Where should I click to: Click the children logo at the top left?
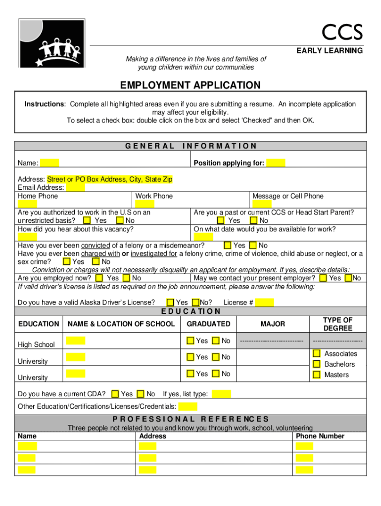pyautogui.click(x=52, y=43)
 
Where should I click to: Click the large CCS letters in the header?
pyautogui.click(x=342, y=33)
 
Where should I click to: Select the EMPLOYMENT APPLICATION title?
pyautogui.click(x=190, y=85)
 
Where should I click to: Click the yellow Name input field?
pyautogui.click(x=49, y=163)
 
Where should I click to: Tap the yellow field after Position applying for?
pyautogui.click(x=276, y=163)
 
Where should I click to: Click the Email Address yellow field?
pyautogui.click(x=75, y=187)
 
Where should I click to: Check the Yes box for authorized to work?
pyautogui.click(x=87, y=220)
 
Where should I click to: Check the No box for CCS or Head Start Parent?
pyautogui.click(x=254, y=220)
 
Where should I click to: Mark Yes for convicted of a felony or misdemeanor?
pyautogui.click(x=228, y=245)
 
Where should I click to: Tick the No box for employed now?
pyautogui.click(x=127, y=278)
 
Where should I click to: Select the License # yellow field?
pyautogui.click(x=265, y=302)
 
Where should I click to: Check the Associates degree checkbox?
pyautogui.click(x=316, y=354)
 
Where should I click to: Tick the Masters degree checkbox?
pyautogui.click(x=316, y=375)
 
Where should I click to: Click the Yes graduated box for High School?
pyautogui.click(x=190, y=340)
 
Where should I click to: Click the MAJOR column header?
pyautogui.click(x=273, y=324)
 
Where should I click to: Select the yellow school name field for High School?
pyautogui.click(x=76, y=340)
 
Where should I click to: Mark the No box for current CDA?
pyautogui.click(x=140, y=394)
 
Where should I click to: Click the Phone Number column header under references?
pyautogui.click(x=320, y=436)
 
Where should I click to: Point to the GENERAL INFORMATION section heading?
pyautogui.click(x=190, y=146)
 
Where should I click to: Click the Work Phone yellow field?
pyautogui.click(x=144, y=204)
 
